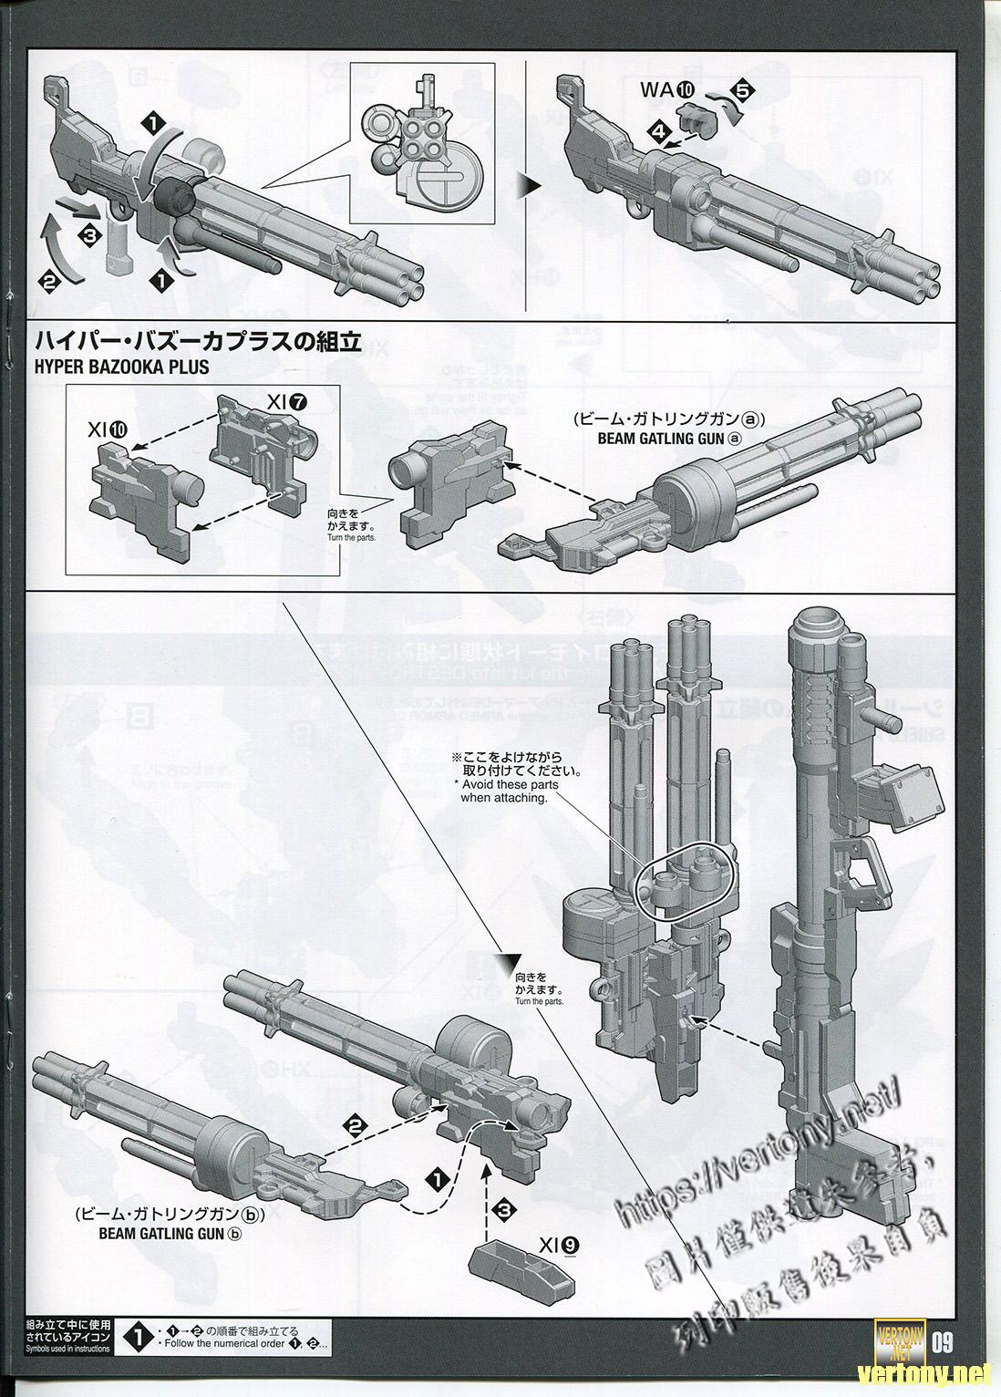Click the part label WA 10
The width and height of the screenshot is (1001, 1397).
(x=668, y=89)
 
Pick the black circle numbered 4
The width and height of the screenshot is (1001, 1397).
(x=657, y=131)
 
